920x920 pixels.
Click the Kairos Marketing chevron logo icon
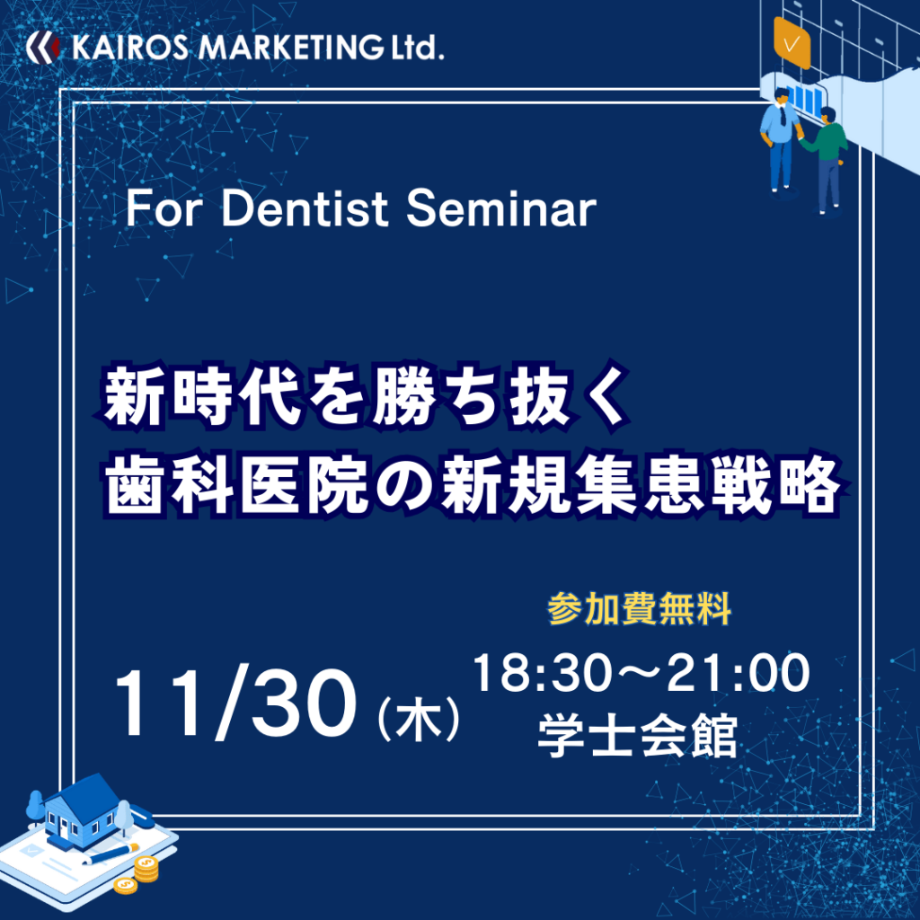pyautogui.click(x=43, y=47)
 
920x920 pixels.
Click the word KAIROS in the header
pyautogui.click(x=130, y=48)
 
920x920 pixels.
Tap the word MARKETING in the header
pyautogui.click(x=291, y=48)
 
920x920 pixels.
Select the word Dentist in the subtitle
pyautogui.click(x=305, y=208)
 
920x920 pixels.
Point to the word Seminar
pyautogui.click(x=501, y=208)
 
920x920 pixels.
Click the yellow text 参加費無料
pyautogui.click(x=639, y=608)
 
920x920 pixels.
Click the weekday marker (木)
pyautogui.click(x=419, y=717)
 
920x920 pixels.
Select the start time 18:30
pyautogui.click(x=542, y=673)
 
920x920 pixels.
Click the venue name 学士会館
pyautogui.click(x=638, y=735)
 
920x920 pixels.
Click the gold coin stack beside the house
pyautogui.click(x=146, y=869)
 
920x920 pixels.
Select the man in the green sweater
pyautogui.click(x=827, y=158)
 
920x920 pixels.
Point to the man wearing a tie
pyautogui.click(x=781, y=139)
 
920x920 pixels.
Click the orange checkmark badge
pyautogui.click(x=792, y=43)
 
